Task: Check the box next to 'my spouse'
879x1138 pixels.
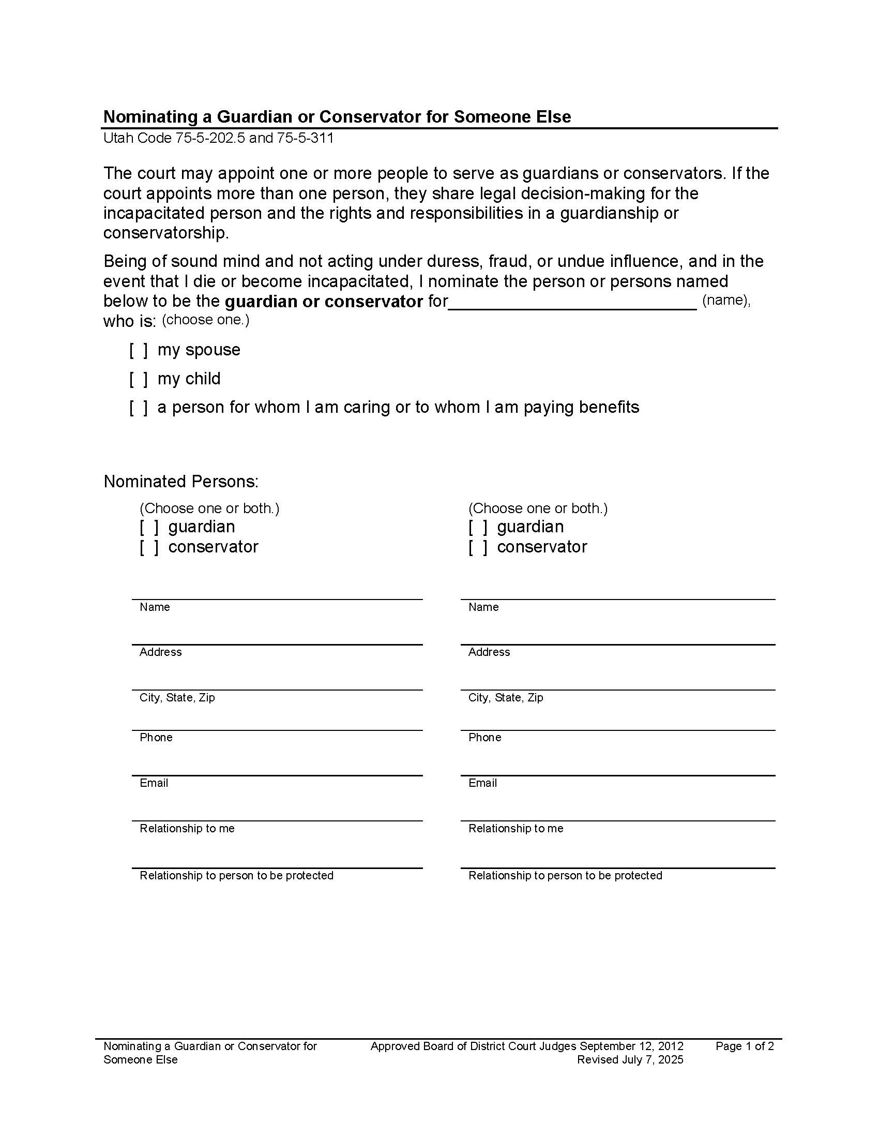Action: point(139,350)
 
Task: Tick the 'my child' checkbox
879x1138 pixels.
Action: point(139,379)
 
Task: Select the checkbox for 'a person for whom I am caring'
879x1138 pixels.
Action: point(139,408)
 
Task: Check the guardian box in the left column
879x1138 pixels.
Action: point(149,527)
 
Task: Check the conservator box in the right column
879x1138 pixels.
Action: point(478,547)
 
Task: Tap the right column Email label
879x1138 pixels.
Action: point(482,783)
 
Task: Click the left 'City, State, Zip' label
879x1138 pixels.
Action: point(176,698)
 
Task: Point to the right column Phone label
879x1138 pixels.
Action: point(484,738)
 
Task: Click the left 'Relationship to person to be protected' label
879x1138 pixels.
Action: point(236,876)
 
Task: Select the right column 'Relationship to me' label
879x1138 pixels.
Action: point(516,829)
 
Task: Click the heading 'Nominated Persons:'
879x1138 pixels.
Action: point(180,482)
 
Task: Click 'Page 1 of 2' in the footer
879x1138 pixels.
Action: point(744,1046)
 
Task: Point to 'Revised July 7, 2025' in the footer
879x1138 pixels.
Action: point(630,1060)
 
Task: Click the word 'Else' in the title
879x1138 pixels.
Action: point(554,117)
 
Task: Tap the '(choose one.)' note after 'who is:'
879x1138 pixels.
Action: point(205,320)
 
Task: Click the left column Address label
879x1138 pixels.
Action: point(160,652)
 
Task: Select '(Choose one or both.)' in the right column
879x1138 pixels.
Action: point(537,508)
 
